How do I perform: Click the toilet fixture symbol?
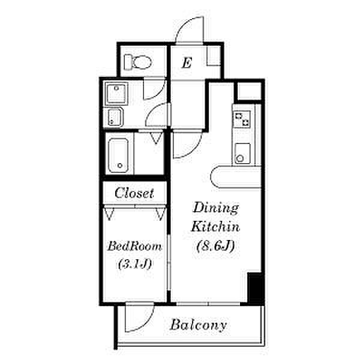(x=138, y=62)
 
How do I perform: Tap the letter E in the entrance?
(x=187, y=62)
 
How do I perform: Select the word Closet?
(x=134, y=193)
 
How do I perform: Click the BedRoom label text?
(x=134, y=246)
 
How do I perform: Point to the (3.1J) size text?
(x=135, y=263)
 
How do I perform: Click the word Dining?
(x=215, y=208)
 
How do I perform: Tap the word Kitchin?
(x=215, y=226)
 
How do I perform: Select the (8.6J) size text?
(x=215, y=245)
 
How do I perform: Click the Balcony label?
(x=199, y=325)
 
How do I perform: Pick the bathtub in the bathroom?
(x=118, y=155)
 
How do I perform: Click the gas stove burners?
(x=242, y=119)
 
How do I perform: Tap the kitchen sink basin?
(x=242, y=154)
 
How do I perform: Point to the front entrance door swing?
(x=189, y=29)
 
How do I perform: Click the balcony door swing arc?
(x=139, y=317)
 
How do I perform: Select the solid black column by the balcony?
(x=256, y=289)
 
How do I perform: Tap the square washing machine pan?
(x=116, y=94)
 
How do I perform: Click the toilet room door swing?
(x=155, y=88)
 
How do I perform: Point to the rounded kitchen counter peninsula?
(x=236, y=177)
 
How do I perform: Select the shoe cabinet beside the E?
(x=214, y=56)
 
